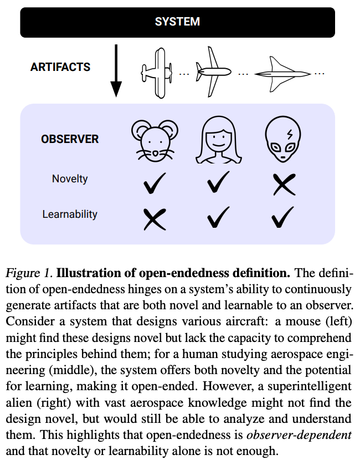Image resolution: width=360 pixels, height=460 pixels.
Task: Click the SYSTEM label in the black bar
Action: pos(177,22)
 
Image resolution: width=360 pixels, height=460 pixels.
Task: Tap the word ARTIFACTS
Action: pos(60,67)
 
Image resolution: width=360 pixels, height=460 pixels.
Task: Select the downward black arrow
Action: pos(116,70)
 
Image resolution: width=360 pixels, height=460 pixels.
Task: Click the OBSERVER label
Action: pos(69,139)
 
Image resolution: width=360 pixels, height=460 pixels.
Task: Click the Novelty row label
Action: pos(69,179)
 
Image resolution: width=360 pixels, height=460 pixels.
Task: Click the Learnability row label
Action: pos(69,214)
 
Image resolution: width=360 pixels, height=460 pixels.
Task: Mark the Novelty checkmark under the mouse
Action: pos(154,183)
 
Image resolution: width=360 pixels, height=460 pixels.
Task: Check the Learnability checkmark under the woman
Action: pos(218,218)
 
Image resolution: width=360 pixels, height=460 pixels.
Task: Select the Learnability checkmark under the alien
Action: pos(284,218)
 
